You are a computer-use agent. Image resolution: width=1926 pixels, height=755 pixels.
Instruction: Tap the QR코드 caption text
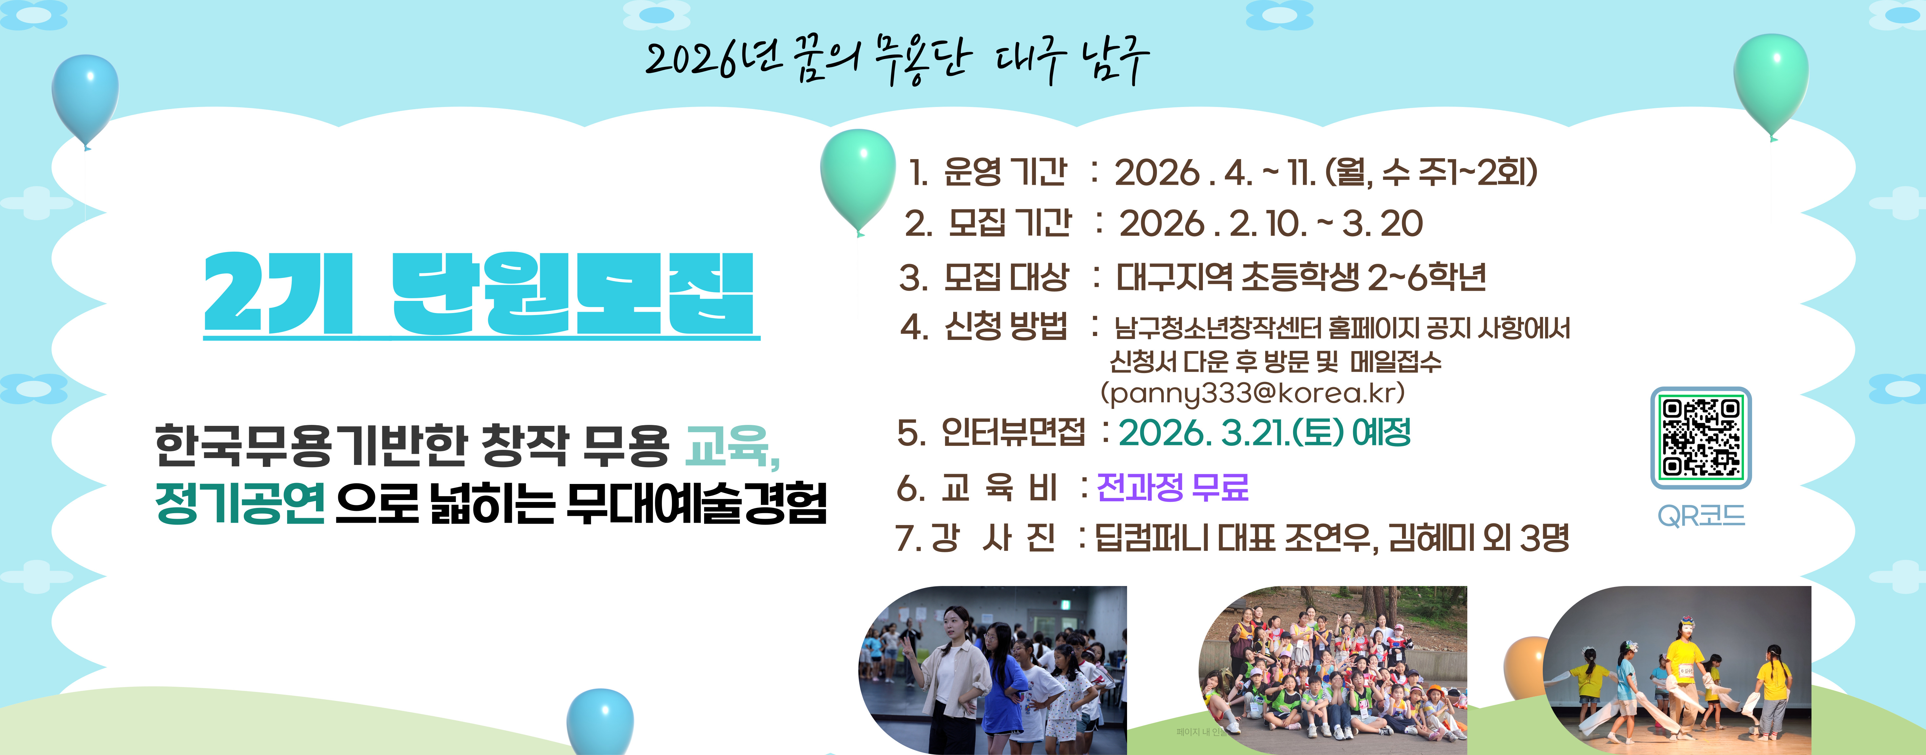click(1701, 516)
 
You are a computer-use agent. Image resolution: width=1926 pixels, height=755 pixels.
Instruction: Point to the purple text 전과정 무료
click(1172, 487)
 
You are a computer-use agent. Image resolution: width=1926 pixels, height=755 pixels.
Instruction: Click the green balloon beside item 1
click(858, 179)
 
